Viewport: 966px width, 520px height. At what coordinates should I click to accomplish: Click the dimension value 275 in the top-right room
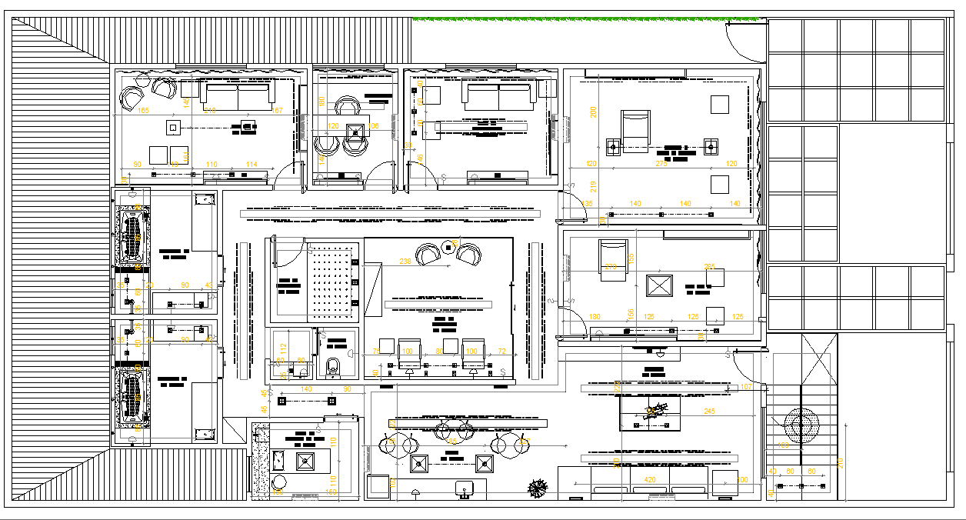coord(661,164)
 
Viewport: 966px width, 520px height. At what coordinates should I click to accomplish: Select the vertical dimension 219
coord(593,185)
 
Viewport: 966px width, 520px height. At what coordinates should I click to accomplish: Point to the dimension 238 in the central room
coord(405,262)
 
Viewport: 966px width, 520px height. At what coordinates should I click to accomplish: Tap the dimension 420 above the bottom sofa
coord(650,480)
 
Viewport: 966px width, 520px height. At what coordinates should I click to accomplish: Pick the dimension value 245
coord(708,412)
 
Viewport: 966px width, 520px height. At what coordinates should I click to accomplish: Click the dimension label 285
coord(709,267)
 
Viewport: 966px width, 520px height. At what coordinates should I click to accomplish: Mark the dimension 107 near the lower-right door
coord(745,386)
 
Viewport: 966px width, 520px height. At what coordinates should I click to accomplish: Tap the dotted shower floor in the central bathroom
coord(332,282)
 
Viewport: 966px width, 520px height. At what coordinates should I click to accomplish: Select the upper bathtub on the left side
coord(132,236)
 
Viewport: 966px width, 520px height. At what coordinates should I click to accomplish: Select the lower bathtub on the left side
coord(132,395)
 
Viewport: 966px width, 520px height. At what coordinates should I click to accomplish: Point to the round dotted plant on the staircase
coord(801,422)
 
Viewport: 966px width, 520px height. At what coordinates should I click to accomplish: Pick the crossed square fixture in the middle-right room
coord(660,286)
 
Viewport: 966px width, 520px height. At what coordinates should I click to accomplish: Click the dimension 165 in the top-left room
coord(143,111)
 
